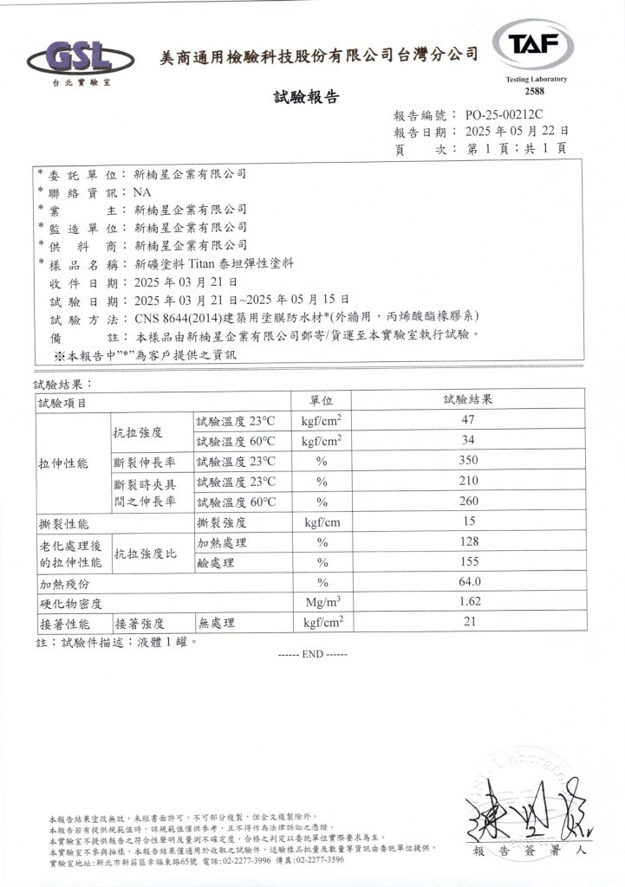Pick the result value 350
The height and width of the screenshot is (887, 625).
click(x=468, y=462)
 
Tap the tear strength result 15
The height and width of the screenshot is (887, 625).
click(x=468, y=522)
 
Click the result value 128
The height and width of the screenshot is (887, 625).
click(x=468, y=542)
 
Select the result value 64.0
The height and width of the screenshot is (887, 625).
click(x=468, y=582)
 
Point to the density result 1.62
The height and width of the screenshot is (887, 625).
click(x=468, y=602)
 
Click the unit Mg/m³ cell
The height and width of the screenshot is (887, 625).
click(x=322, y=602)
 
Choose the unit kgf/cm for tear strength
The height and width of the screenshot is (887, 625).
click(x=321, y=522)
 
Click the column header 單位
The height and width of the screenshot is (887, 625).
click(x=322, y=401)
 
